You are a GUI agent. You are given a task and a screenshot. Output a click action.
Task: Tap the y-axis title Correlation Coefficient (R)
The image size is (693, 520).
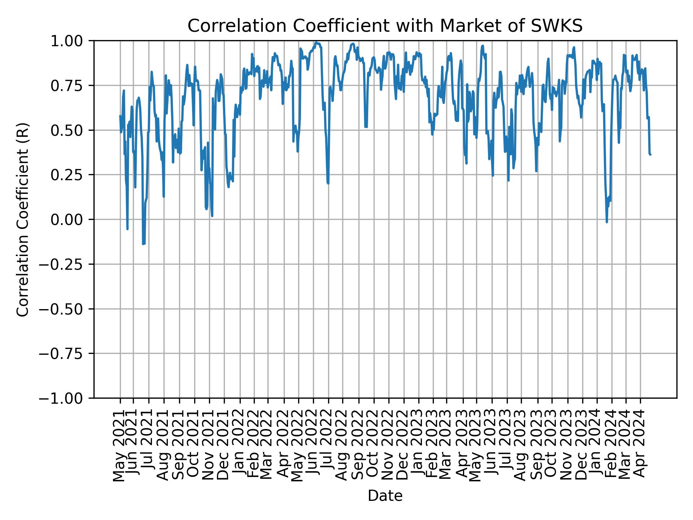pos(23,220)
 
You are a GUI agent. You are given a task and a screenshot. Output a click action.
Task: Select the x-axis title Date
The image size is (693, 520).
pos(385,496)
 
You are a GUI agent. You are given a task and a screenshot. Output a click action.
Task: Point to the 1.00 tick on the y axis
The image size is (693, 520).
pos(72,41)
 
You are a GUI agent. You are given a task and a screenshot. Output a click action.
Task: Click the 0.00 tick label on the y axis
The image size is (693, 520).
pos(72,220)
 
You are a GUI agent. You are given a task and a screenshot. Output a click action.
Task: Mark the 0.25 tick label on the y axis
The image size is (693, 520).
pos(72,175)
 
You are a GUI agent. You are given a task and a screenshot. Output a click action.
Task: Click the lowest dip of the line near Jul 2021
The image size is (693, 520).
pos(143,244)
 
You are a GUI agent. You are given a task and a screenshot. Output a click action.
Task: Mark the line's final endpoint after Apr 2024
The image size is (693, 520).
pos(650,155)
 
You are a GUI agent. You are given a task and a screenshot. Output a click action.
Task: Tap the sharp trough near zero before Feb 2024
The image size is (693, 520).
pos(607,222)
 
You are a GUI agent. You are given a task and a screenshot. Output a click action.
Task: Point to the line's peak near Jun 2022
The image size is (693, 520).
pos(316,42)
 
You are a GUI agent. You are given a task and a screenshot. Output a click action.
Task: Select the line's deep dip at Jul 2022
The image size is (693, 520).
pos(328,183)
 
